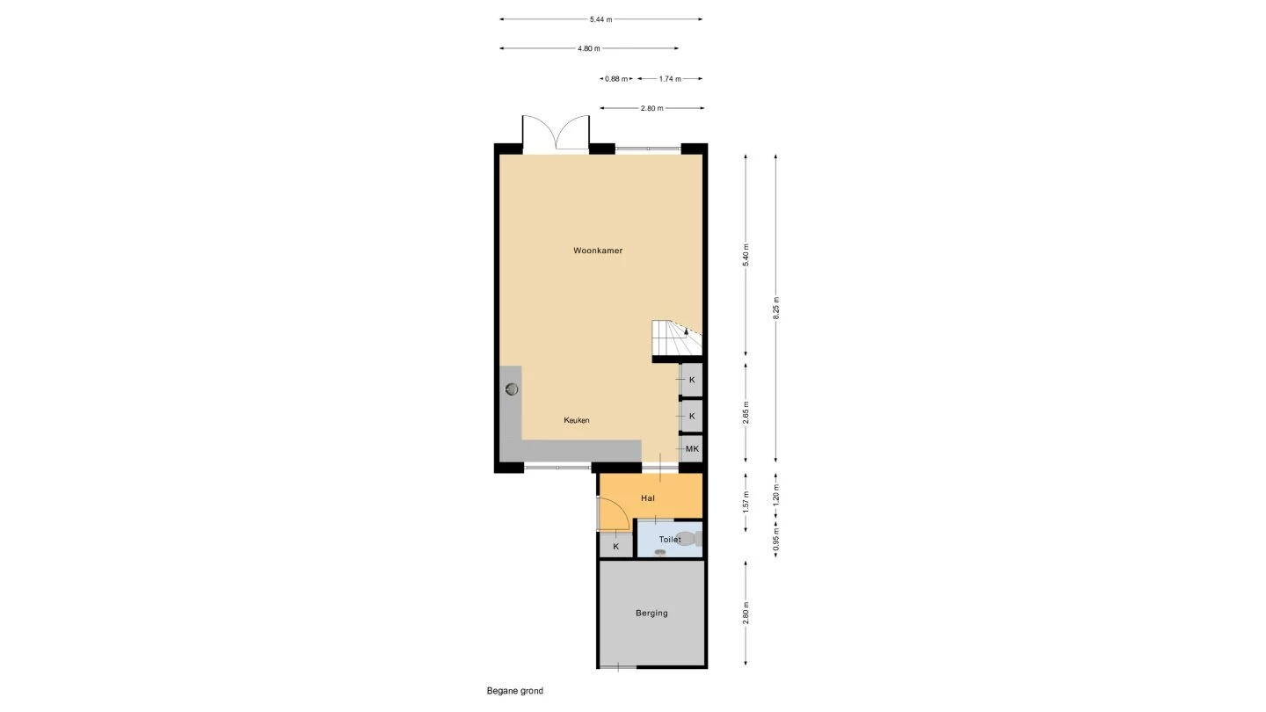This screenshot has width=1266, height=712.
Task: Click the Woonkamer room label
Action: coord(598,251)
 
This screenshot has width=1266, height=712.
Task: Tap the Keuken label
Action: coord(577,420)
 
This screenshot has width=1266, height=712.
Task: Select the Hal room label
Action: coord(648,498)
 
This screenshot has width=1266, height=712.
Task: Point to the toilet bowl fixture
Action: coord(689,539)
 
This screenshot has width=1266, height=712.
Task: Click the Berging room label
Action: coord(651,614)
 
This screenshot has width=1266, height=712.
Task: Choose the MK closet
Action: coord(692,449)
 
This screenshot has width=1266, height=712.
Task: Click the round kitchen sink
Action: coord(512,389)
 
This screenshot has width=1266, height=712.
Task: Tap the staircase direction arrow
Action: coord(686,331)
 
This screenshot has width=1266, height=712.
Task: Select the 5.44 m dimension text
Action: coord(600,19)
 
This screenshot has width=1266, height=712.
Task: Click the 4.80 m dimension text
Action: coord(589,48)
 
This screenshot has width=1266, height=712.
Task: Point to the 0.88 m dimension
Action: coord(616,79)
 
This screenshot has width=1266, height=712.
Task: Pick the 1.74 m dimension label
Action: coord(670,79)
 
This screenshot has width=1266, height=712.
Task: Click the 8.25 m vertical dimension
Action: coord(776,308)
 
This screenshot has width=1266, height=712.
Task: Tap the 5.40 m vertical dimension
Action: coord(746,255)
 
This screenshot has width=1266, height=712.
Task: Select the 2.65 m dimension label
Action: coord(746,412)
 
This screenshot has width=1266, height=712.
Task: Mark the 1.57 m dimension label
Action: coord(746,503)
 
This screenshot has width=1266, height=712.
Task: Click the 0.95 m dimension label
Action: coord(776,539)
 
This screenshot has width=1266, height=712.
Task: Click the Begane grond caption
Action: coord(515,691)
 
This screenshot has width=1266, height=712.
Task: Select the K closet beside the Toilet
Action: coord(616,547)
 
